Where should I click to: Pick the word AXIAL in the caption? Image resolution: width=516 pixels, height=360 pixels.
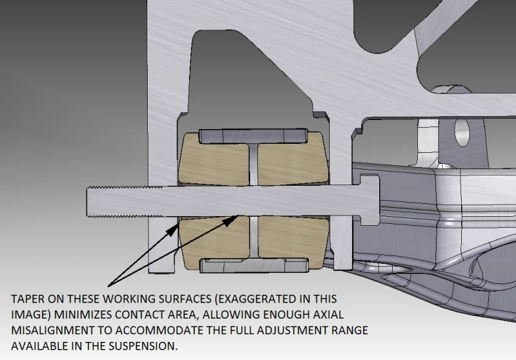328,315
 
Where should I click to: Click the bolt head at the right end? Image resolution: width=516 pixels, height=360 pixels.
370,200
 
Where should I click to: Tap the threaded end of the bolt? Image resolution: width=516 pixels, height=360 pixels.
125,201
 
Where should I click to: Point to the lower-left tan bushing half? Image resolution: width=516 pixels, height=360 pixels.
214,243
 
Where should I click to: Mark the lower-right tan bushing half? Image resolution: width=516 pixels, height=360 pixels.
293,243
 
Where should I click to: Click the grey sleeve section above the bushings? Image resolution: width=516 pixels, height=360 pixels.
253,136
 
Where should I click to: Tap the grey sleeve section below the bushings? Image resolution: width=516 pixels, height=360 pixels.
254,265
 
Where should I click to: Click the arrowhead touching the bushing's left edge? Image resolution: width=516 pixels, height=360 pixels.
172,230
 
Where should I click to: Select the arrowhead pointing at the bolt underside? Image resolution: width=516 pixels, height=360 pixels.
231,221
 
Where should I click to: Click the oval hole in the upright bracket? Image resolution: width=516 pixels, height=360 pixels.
462,132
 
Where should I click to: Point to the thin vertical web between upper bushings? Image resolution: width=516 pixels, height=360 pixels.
253,163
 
